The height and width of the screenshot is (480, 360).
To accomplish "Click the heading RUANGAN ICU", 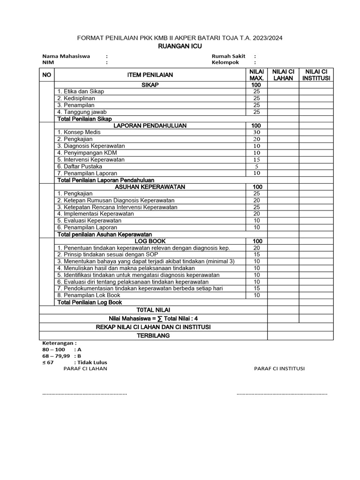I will click(180, 46).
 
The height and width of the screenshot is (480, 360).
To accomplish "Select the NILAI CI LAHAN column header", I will click(283, 75).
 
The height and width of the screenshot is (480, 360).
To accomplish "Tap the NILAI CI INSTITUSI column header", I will click(316, 75).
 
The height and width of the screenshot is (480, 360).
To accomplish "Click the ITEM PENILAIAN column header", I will click(150, 75).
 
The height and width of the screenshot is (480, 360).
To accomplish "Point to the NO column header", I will click(47, 75).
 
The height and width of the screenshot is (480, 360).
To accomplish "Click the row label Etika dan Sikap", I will click(81, 91).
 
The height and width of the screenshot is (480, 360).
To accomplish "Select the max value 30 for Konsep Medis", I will click(256, 132).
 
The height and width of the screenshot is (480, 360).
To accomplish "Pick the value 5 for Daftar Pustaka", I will click(256, 166).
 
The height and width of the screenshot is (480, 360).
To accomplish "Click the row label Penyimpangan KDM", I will click(87, 153).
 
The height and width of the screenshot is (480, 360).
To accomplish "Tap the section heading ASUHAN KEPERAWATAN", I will click(150, 187).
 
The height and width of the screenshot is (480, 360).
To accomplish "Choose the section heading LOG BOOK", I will click(150, 241).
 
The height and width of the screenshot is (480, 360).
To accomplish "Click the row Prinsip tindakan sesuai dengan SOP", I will click(108, 255).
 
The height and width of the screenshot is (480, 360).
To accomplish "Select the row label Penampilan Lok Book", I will click(89, 295).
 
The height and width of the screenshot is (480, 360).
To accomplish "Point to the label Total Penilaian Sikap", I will click(84, 119).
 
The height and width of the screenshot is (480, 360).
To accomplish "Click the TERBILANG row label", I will click(153, 336).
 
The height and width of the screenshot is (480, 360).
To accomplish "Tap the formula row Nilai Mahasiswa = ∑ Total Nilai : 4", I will click(153, 318).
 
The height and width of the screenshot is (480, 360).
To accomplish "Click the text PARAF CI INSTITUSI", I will click(279, 368).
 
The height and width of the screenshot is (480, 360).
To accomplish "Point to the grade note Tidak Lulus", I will click(92, 362).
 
